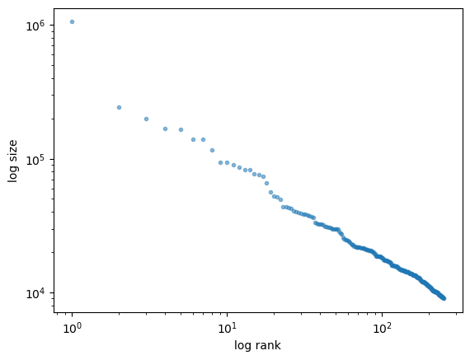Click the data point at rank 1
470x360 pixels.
click(x=72, y=22)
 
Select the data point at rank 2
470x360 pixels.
click(x=119, y=108)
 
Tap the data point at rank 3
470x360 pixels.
click(x=146, y=119)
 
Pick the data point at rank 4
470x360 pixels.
click(x=165, y=129)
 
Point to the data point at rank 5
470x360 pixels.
click(x=181, y=129)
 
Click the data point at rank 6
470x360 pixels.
click(x=193, y=139)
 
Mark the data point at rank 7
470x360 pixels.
click(x=203, y=139)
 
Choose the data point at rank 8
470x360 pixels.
click(x=212, y=151)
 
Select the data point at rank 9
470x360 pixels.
click(x=221, y=162)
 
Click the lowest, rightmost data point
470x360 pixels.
click(x=444, y=298)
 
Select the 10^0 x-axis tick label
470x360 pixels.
click(x=72, y=328)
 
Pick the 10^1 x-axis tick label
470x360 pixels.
click(x=228, y=328)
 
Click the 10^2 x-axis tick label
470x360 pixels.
click(x=382, y=328)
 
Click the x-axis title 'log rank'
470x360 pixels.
click(x=257, y=345)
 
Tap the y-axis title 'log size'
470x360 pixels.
click(x=12, y=161)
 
